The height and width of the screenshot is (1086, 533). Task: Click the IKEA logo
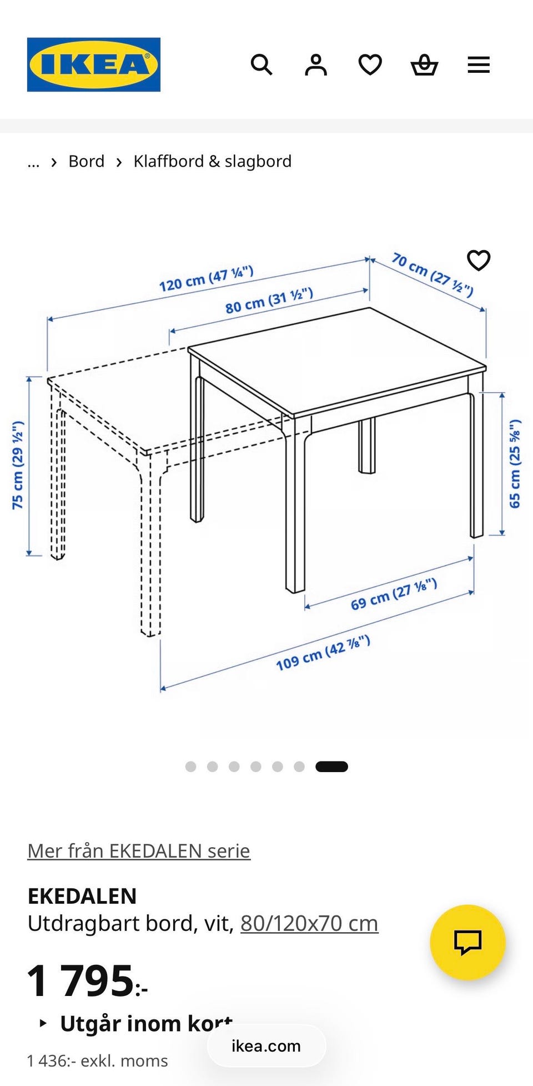click(x=94, y=64)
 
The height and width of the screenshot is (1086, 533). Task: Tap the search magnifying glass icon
click(x=262, y=65)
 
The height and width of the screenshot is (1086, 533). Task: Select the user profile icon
click(x=316, y=65)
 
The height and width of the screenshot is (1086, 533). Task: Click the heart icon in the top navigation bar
click(x=370, y=65)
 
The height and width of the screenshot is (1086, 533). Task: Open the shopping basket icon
click(x=424, y=65)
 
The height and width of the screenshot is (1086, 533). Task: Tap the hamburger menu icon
click(x=479, y=65)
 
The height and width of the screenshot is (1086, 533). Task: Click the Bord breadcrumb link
click(x=87, y=161)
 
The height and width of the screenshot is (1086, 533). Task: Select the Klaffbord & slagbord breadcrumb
click(x=213, y=161)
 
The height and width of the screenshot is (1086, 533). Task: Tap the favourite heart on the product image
click(x=479, y=261)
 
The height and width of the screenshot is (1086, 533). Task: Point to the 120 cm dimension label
click(x=207, y=279)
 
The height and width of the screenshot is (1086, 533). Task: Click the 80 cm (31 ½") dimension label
click(x=269, y=301)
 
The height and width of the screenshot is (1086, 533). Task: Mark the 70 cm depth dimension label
click(x=433, y=274)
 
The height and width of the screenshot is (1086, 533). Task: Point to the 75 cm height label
click(x=18, y=465)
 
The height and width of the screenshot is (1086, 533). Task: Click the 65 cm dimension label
click(x=515, y=463)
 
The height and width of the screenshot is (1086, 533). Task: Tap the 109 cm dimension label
click(x=323, y=653)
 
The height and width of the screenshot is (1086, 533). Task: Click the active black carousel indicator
click(x=331, y=767)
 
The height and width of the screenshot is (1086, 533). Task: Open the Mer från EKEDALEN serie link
click(x=139, y=851)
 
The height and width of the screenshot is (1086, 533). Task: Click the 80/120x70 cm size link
click(x=309, y=923)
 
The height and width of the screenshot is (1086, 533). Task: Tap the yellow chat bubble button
click(x=467, y=942)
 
